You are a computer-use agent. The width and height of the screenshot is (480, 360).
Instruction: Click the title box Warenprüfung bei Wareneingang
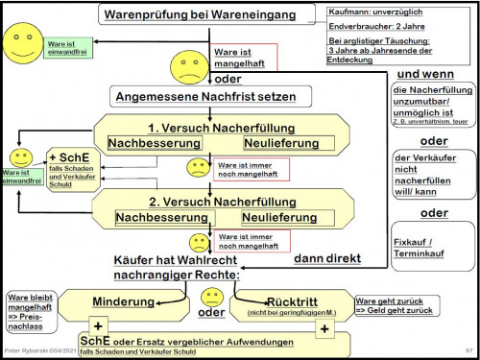point(207,14)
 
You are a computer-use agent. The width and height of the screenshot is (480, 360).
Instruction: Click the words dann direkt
point(326,258)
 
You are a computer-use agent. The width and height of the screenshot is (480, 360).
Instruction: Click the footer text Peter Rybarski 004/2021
point(40,352)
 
